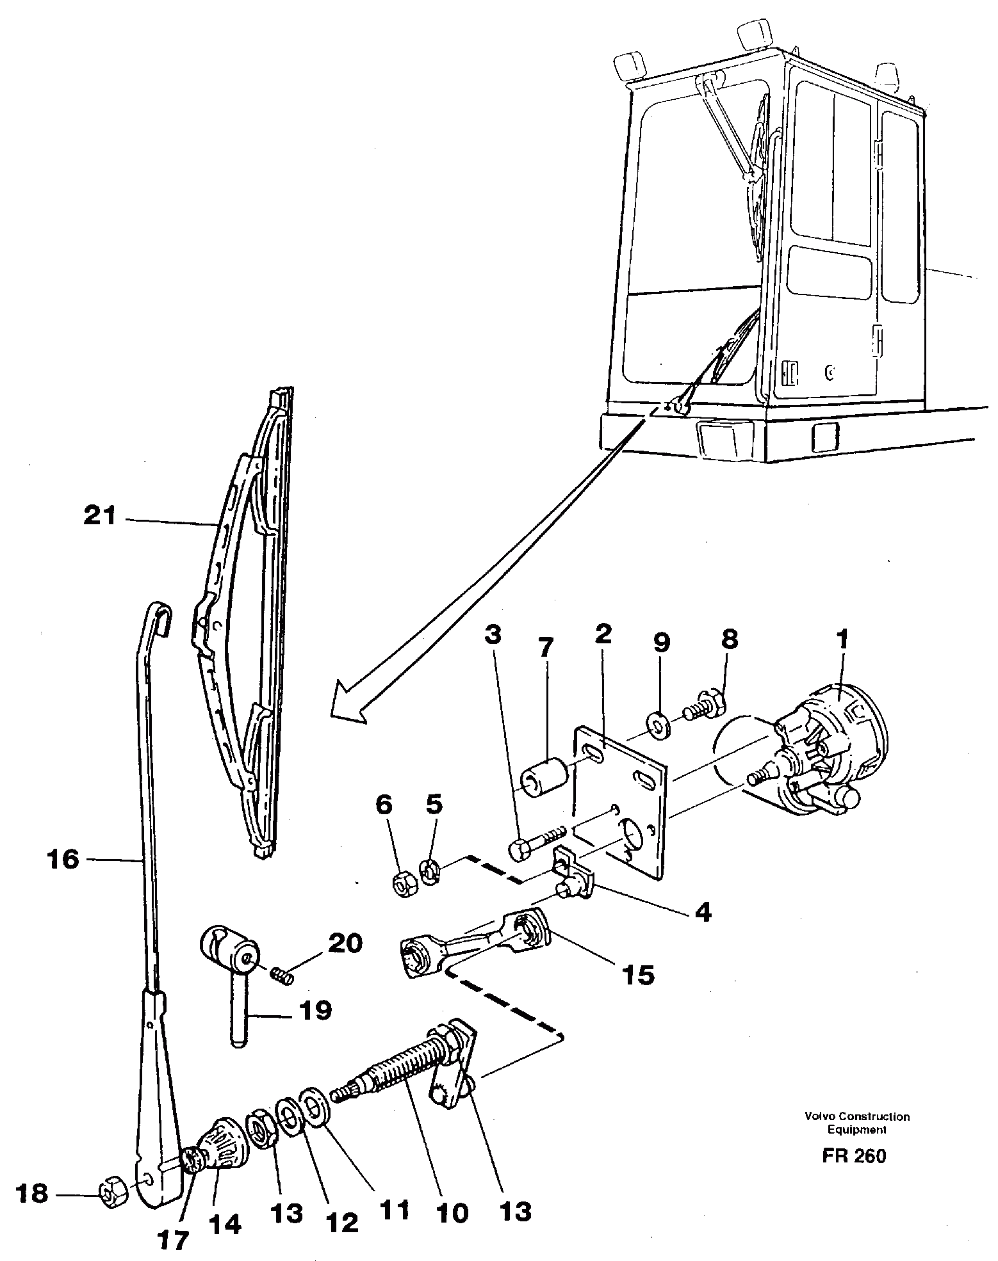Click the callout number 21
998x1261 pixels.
(100, 515)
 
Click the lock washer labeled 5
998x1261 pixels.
(430, 872)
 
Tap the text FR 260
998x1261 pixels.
(855, 1156)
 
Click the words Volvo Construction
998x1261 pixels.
(857, 1116)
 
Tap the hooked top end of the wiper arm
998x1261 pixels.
(157, 613)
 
